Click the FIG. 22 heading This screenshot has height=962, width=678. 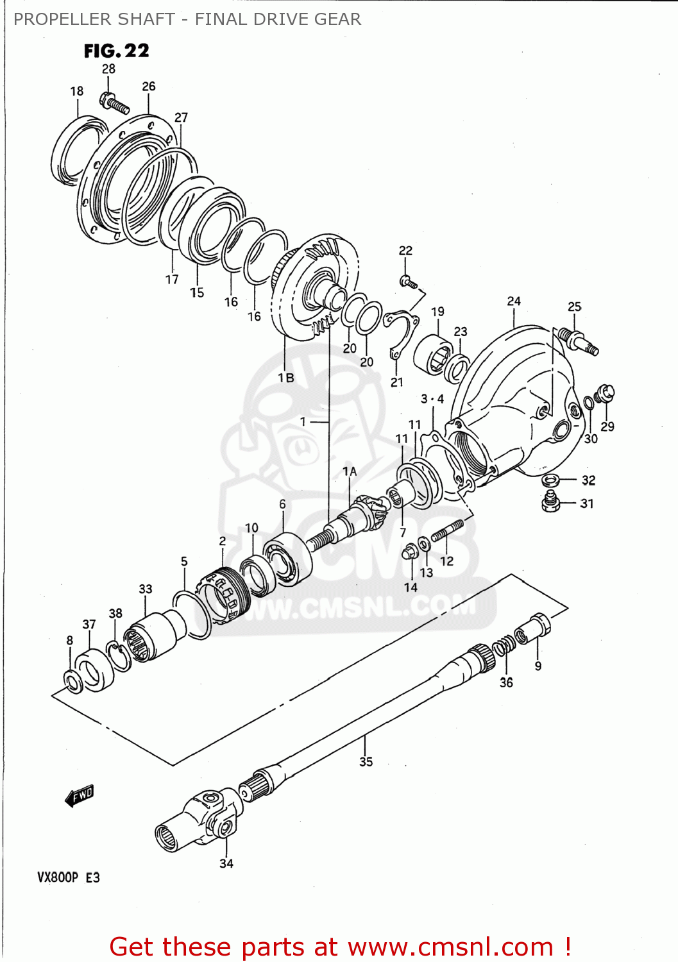[116, 51]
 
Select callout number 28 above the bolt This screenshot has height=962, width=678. [108, 69]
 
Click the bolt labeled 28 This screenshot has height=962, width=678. [114, 103]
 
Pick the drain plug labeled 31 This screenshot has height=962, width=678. [550, 502]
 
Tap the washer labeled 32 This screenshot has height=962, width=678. [550, 480]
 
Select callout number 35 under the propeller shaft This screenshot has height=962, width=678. [366, 761]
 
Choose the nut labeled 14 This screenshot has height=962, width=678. [409, 552]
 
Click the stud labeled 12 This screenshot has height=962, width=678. [447, 532]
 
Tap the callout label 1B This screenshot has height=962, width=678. [286, 378]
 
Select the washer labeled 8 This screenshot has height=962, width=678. [73, 681]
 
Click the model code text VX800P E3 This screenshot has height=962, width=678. [68, 877]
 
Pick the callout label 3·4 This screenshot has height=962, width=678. [432, 399]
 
